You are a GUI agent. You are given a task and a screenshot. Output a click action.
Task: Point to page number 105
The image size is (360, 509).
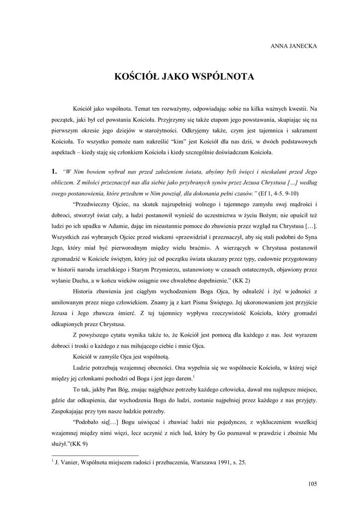point(312,484)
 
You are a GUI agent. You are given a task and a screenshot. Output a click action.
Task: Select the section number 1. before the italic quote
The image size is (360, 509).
point(55,171)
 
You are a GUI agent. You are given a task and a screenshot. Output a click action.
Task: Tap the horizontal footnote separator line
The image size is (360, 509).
point(95,455)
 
